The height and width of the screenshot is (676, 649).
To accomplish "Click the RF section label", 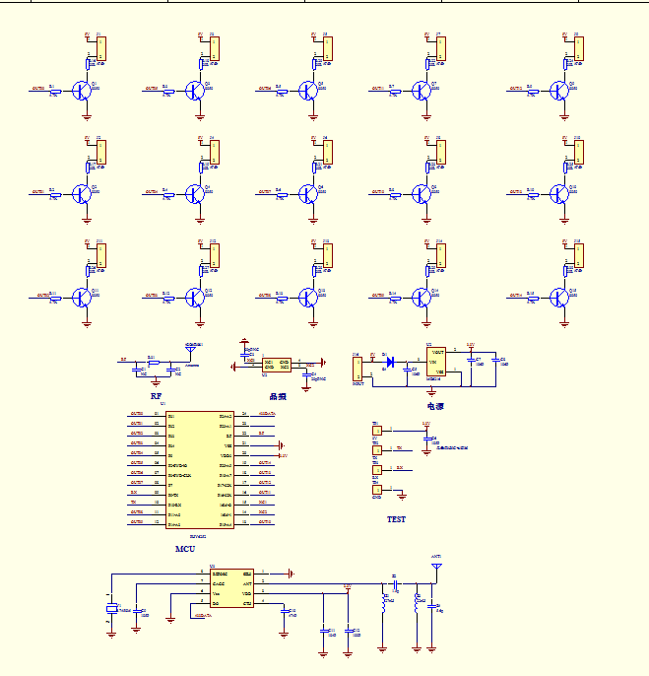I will click(x=156, y=395).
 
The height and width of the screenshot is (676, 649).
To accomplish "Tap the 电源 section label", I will click(x=435, y=405).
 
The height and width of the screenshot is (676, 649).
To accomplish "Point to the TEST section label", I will click(x=395, y=519).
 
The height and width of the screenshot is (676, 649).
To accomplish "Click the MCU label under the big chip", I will click(x=184, y=548).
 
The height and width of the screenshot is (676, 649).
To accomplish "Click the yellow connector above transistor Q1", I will click(x=100, y=48).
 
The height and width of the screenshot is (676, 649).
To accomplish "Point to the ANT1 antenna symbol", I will click(x=436, y=568).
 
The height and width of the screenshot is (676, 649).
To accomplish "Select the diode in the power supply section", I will click(x=391, y=362).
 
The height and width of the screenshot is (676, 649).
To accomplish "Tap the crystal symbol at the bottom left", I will click(x=111, y=609).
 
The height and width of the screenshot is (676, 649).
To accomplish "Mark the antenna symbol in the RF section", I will click(x=191, y=348).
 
